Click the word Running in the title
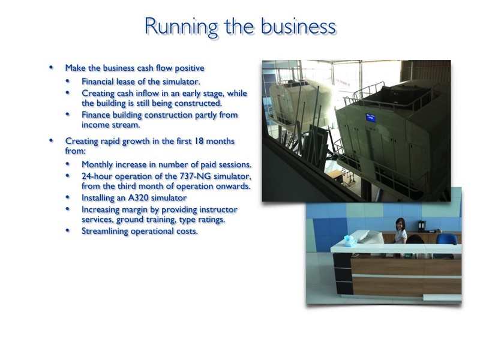click(x=181, y=27)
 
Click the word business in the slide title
click(x=298, y=26)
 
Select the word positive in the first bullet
click(x=189, y=68)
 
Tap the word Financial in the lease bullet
click(x=97, y=82)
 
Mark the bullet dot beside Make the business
click(x=51, y=67)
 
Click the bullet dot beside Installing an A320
click(x=68, y=197)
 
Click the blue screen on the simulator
click(x=371, y=118)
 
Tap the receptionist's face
click(x=400, y=225)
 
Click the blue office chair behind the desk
click(x=446, y=242)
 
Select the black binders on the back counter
click(x=422, y=226)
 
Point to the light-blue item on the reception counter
click(x=350, y=241)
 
